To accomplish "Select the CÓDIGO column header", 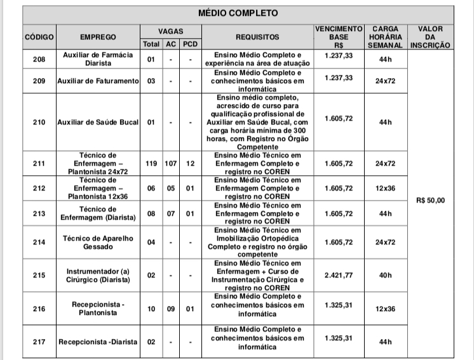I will (39, 37).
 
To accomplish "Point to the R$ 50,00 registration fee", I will (431, 201).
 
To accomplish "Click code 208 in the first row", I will (39, 60).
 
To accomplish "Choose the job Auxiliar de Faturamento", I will (98, 82).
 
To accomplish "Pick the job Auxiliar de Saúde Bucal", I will (98, 122).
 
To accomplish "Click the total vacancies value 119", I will (151, 163).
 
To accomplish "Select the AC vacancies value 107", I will (171, 163).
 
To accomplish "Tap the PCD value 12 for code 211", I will (190, 163).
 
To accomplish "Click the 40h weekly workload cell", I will (385, 276).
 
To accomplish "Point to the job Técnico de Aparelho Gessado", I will (98, 242).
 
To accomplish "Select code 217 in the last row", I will (39, 342).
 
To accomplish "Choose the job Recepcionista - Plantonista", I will (98, 309).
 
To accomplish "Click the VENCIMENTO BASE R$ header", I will (339, 37).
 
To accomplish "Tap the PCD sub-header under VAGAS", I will (190, 44).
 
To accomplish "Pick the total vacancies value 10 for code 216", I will (151, 309).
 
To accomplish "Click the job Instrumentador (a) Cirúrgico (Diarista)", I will (98, 276).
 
